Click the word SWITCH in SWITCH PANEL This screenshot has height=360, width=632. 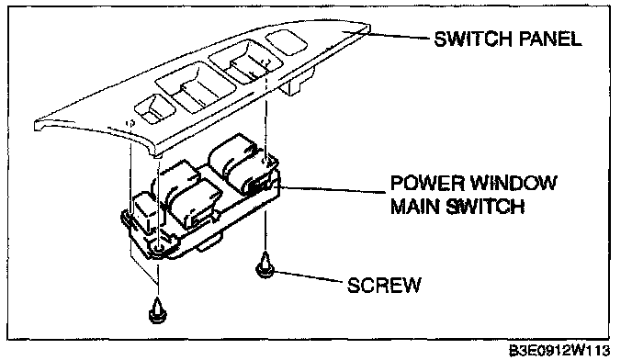tap(473, 39)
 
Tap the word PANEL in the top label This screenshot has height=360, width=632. tap(550, 39)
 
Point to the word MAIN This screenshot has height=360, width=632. tap(415, 206)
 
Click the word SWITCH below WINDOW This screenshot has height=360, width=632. tap(485, 206)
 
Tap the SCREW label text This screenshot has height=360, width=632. tap(384, 285)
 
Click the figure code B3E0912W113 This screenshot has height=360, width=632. tap(559, 350)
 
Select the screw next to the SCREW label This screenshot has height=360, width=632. tap(265, 264)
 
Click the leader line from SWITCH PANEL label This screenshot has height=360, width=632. tap(401, 36)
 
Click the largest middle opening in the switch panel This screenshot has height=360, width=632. tap(197, 86)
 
